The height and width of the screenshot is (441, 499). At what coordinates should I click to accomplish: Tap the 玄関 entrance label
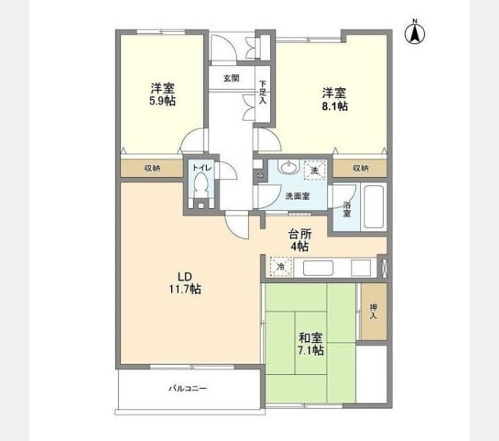(x=231, y=78)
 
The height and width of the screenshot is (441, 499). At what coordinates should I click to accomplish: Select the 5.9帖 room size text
(x=162, y=101)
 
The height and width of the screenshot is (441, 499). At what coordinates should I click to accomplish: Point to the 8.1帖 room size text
(x=335, y=106)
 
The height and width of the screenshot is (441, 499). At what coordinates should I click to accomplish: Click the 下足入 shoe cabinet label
(x=263, y=93)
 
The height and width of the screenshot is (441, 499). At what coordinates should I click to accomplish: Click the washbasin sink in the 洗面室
(x=288, y=167)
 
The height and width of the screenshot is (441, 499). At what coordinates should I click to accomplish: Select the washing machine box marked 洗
(x=314, y=171)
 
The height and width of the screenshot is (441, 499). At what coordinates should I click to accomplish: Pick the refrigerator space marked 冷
(x=281, y=266)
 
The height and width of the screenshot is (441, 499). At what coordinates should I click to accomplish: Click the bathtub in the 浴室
(x=374, y=207)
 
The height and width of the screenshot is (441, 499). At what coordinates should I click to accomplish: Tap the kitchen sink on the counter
(x=318, y=268)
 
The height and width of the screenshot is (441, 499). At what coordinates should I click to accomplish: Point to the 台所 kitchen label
(x=300, y=234)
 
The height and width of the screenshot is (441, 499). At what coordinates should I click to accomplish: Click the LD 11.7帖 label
(x=185, y=283)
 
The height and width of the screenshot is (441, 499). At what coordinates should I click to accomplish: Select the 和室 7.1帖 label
(x=311, y=344)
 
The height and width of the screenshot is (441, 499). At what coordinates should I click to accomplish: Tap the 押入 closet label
(x=374, y=312)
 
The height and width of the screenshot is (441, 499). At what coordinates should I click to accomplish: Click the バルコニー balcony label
(x=188, y=388)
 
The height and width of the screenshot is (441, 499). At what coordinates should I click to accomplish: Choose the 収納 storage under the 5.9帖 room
(x=152, y=168)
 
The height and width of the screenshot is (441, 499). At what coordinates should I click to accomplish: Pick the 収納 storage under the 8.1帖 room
(x=360, y=168)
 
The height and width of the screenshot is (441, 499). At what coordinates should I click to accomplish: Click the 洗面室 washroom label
(x=297, y=196)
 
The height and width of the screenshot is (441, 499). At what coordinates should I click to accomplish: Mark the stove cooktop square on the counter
(x=361, y=268)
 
